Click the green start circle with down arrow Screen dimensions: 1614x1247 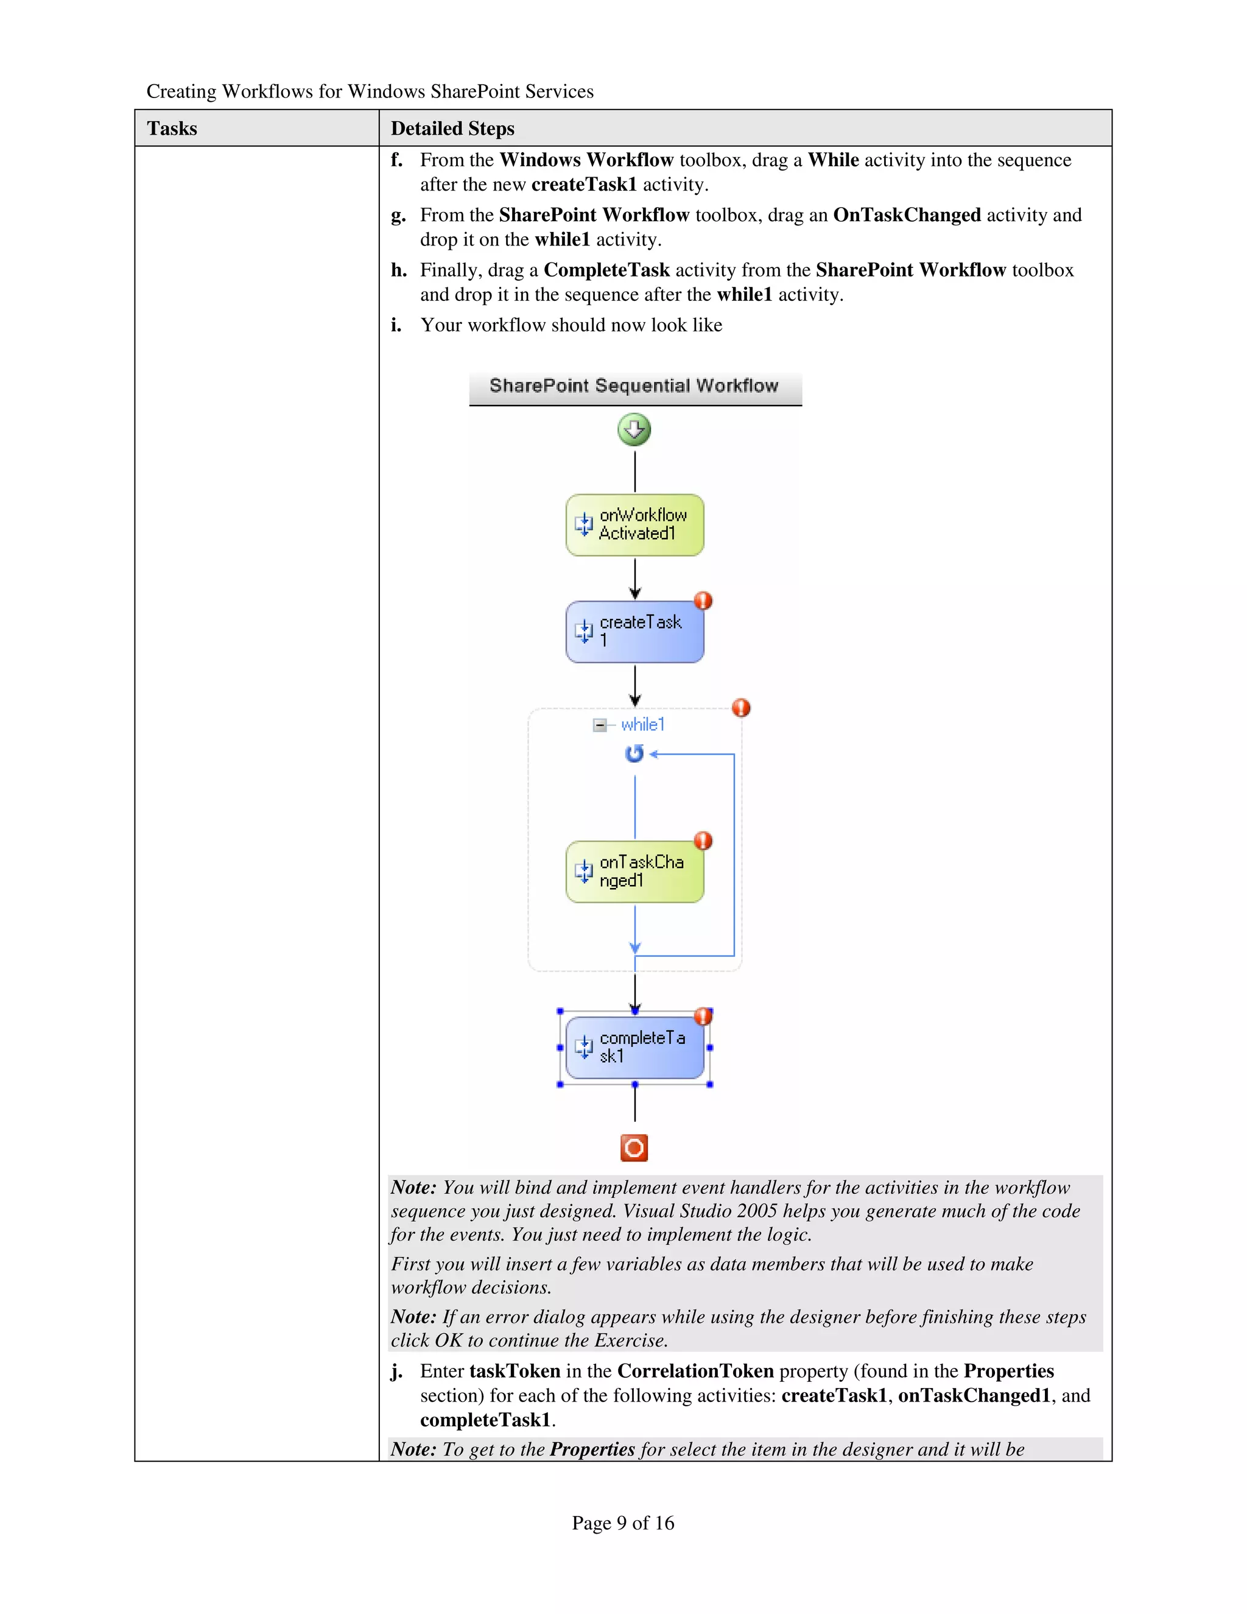click(634, 429)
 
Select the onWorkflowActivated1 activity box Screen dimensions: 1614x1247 click(634, 524)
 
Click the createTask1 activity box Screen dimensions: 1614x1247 click(634, 632)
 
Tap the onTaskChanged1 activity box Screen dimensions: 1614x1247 click(634, 872)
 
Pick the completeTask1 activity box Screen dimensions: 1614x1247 click(634, 1047)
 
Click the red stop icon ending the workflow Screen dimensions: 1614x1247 click(634, 1147)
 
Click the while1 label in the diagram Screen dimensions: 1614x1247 click(643, 724)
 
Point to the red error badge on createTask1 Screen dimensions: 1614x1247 click(703, 600)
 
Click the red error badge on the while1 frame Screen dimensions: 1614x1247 click(741, 707)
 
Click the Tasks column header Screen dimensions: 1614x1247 click(172, 129)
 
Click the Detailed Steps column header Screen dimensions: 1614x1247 click(452, 129)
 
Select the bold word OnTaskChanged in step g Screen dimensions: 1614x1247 click(907, 215)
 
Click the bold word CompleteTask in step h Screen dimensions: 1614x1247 click(606, 270)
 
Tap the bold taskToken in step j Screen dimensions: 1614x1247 click(515, 1371)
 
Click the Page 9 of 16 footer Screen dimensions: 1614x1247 click(623, 1523)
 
